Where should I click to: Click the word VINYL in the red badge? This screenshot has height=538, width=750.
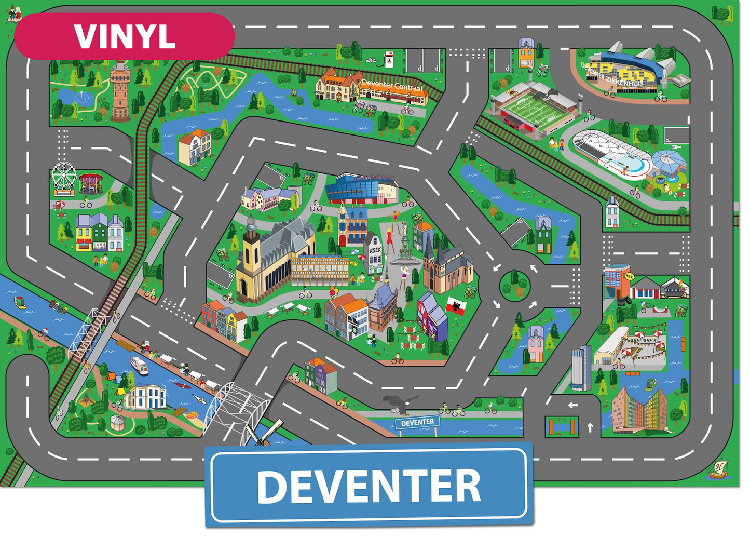125,36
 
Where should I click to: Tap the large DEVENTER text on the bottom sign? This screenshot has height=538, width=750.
369,486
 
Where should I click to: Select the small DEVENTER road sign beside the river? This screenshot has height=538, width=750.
417,423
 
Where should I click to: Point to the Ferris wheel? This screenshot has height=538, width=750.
63,177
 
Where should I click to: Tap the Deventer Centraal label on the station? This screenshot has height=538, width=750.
392,86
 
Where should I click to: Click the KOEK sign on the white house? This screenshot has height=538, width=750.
375,250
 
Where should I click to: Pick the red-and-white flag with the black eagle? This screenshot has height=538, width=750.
456,305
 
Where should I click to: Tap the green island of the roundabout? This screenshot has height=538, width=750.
515,285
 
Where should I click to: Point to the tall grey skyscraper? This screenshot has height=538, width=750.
580,368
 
